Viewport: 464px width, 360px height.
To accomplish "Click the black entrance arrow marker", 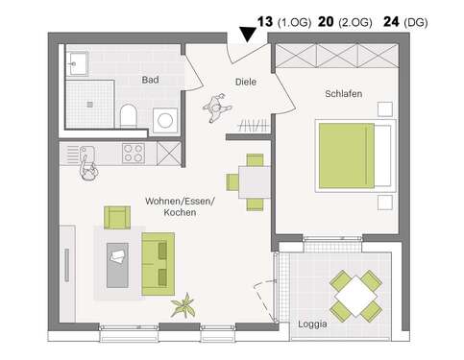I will click(x=248, y=34).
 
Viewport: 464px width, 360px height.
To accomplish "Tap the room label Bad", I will click(x=150, y=81).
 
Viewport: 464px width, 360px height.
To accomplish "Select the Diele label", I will click(x=247, y=83).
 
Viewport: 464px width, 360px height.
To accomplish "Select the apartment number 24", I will click(x=391, y=20).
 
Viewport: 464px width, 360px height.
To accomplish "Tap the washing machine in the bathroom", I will click(x=165, y=121).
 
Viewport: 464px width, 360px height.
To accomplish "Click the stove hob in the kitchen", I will click(x=134, y=151).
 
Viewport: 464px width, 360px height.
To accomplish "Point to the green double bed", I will click(x=355, y=156).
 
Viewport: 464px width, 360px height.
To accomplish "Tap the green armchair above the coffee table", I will click(x=117, y=218).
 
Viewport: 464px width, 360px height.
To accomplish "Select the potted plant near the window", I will click(x=181, y=306).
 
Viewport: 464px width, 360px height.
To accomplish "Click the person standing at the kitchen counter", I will click(x=89, y=165).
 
